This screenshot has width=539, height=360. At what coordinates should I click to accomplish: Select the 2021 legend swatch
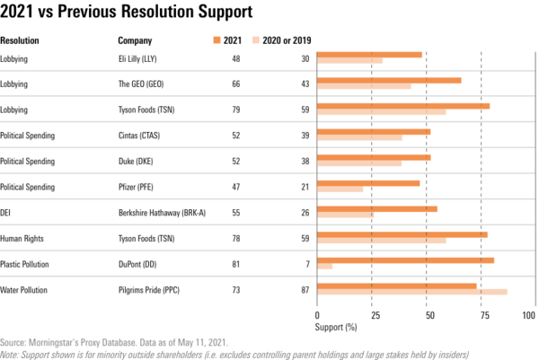click(216, 40)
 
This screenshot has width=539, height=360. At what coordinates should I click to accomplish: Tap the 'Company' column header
click(135, 40)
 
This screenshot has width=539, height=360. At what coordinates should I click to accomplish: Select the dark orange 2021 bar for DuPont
click(405, 260)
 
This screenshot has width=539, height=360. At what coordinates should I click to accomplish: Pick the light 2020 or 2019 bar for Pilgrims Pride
click(412, 292)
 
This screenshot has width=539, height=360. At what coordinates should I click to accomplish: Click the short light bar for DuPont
click(324, 267)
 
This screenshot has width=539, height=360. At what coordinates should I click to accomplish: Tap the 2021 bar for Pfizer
click(368, 183)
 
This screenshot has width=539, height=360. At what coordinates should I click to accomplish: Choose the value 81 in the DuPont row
click(235, 265)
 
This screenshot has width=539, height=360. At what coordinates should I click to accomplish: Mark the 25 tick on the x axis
click(372, 316)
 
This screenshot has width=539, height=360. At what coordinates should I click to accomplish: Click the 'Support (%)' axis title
click(337, 328)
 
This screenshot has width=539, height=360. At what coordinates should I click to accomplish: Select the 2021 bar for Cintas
click(374, 131)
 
